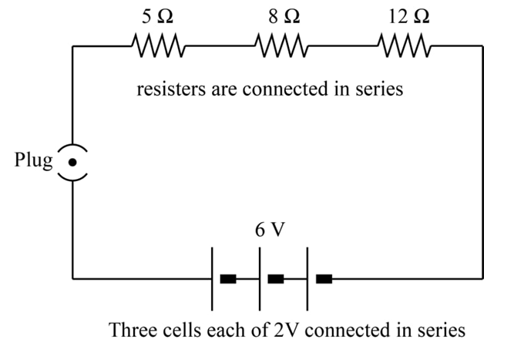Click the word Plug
click(x=32, y=161)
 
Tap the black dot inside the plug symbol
click(x=72, y=162)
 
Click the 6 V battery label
click(x=269, y=230)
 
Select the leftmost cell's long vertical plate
click(x=213, y=278)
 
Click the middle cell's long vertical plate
click(x=260, y=278)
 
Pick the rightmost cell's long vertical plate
click(x=307, y=278)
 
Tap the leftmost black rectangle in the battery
click(x=228, y=278)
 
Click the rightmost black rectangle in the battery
click(x=324, y=278)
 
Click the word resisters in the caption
click(x=166, y=89)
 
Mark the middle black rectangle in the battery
click(x=276, y=278)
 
